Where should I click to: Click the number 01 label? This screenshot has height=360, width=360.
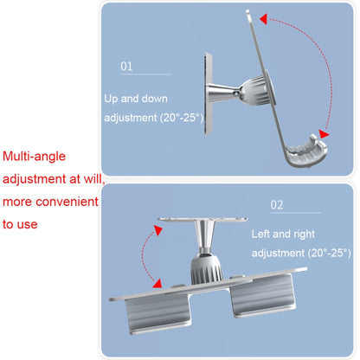(126, 67)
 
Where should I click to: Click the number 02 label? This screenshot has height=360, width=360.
(276, 205)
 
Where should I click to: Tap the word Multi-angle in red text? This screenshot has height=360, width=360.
(34, 157)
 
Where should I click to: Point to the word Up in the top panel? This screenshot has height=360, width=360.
(111, 99)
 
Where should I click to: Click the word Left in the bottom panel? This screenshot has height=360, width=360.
(260, 234)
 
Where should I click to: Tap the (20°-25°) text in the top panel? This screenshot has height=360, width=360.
(182, 118)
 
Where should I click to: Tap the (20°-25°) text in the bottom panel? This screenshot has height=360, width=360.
(329, 253)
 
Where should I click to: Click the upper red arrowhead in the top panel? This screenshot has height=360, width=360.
(263, 19)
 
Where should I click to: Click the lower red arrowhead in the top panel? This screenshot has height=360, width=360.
(324, 134)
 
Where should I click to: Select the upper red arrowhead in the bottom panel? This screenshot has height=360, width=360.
(158, 230)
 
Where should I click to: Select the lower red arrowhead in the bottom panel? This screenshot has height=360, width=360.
(157, 283)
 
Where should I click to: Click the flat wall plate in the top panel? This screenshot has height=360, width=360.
(208, 93)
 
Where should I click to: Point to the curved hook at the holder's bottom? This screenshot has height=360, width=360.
(305, 152)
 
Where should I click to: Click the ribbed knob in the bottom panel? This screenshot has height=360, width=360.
(207, 269)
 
